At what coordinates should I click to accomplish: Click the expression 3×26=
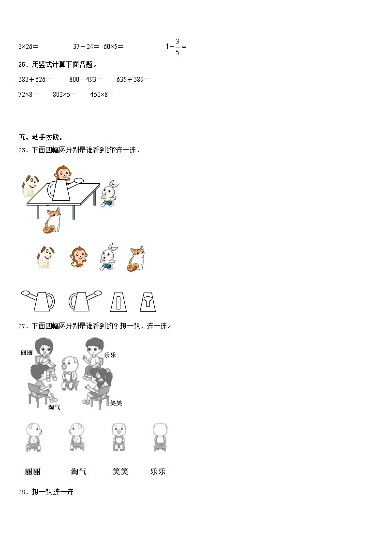click(x=28, y=47)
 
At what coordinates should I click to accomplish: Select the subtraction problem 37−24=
click(x=86, y=47)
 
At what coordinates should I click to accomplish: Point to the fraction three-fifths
click(x=177, y=47)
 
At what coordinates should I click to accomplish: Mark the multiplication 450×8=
click(x=102, y=94)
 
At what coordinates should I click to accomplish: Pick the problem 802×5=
click(x=64, y=94)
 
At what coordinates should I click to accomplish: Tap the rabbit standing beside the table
click(x=110, y=193)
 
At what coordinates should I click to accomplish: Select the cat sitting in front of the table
click(x=52, y=220)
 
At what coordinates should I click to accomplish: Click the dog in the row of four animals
click(x=45, y=258)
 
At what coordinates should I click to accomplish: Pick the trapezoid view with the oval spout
click(x=148, y=301)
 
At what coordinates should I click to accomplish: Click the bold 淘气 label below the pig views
click(x=78, y=471)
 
